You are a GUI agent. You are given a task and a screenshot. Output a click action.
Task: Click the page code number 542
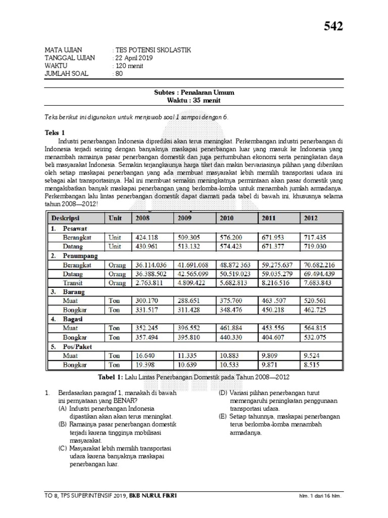click(332, 26)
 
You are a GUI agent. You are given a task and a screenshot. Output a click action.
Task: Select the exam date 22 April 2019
click(134, 58)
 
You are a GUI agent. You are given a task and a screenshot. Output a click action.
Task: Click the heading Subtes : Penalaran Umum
click(194, 93)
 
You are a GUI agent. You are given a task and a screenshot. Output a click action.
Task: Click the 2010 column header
click(227, 218)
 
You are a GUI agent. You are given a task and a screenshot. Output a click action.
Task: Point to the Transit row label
click(73, 283)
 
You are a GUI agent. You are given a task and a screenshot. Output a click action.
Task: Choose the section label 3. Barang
click(67, 292)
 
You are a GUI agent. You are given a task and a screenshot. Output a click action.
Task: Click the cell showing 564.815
click(315, 328)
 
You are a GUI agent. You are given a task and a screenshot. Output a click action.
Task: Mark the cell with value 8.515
click(311, 364)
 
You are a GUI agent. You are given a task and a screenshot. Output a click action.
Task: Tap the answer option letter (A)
click(62, 408)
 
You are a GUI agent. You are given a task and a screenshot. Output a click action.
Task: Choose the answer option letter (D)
click(223, 393)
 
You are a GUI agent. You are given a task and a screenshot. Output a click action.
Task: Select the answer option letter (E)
click(223, 416)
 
